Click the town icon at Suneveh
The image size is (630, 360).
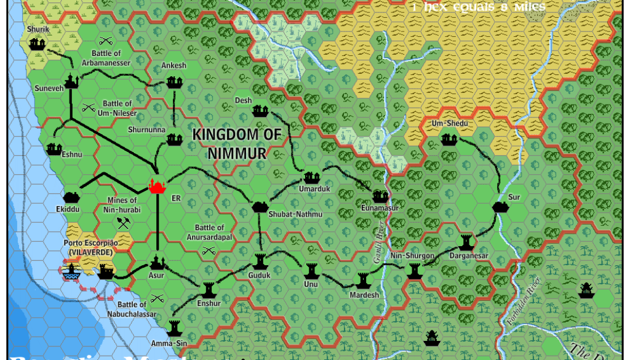click(x=72, y=81)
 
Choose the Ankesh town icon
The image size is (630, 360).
click(x=174, y=82)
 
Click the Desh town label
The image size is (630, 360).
click(x=243, y=100)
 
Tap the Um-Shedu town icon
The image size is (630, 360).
click(x=449, y=140)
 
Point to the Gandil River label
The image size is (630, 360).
click(x=380, y=246)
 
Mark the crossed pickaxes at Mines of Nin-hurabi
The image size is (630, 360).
click(x=124, y=223)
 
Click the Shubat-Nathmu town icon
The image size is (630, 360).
click(x=260, y=207)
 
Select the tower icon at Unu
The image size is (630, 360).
click(x=311, y=270)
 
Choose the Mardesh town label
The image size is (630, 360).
click(x=364, y=295)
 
